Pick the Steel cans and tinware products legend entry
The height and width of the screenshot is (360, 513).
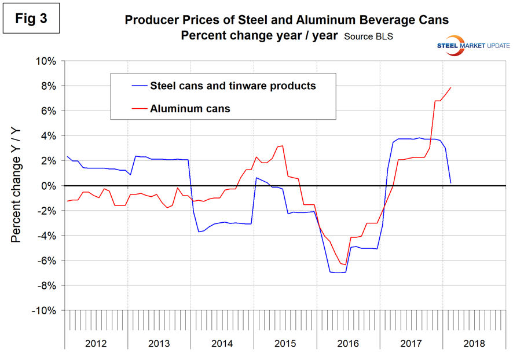click(x=233, y=86)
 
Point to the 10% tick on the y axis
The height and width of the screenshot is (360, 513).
click(x=45, y=61)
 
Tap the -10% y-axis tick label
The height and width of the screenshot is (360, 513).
click(x=43, y=311)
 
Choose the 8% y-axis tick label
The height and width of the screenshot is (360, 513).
click(x=47, y=86)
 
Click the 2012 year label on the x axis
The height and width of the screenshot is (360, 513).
click(x=96, y=343)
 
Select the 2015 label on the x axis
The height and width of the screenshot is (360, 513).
click(x=285, y=343)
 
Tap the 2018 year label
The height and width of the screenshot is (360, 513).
click(x=474, y=343)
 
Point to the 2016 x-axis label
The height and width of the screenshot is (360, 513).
click(x=348, y=343)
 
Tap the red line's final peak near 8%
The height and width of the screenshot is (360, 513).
click(x=450, y=87)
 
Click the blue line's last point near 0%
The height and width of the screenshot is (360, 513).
click(x=450, y=183)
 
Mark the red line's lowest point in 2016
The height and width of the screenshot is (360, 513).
click(x=345, y=265)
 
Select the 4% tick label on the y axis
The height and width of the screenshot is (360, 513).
click(x=47, y=136)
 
